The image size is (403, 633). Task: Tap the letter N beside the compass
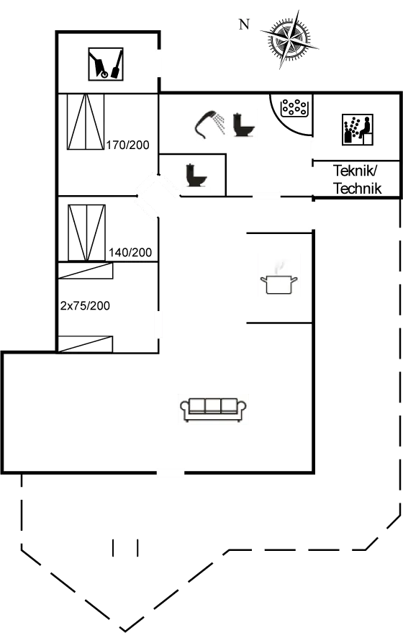(x=244, y=24)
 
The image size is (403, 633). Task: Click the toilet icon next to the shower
(x=244, y=123)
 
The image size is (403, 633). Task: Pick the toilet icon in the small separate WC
(x=195, y=176)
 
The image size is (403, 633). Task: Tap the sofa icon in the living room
(x=213, y=409)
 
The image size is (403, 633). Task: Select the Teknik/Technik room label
(x=357, y=179)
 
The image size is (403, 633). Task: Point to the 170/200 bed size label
(x=127, y=145)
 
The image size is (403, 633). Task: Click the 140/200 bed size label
(x=130, y=253)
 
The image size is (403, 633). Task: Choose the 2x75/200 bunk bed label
(x=85, y=305)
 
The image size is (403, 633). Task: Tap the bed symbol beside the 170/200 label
(x=85, y=122)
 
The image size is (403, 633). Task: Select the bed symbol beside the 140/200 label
(x=86, y=233)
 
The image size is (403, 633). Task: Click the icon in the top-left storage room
(x=106, y=63)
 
